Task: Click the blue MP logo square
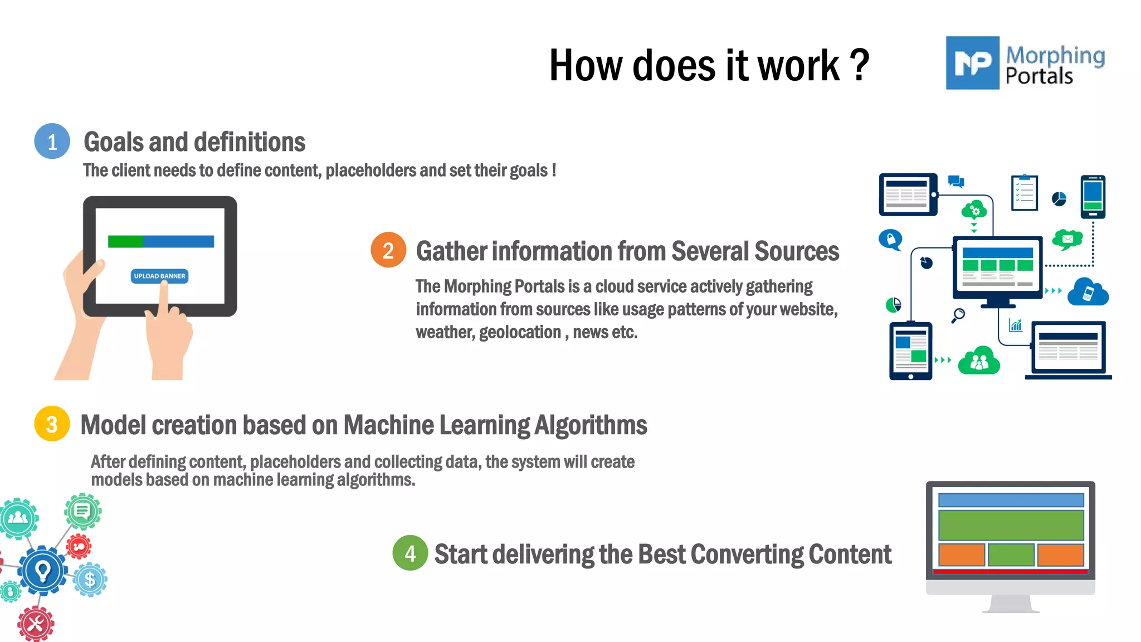click(972, 63)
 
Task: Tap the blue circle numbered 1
click(52, 142)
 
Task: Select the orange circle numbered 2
click(388, 250)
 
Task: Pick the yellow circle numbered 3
click(52, 424)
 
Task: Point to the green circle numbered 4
click(410, 553)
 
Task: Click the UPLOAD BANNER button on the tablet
click(159, 276)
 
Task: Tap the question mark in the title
click(860, 66)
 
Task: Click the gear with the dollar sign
click(90, 580)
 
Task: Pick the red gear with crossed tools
click(36, 624)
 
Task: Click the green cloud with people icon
click(979, 362)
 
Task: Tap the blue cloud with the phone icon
click(1088, 292)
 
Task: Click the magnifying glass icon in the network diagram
click(958, 315)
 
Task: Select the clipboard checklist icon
click(1025, 193)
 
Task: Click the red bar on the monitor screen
click(1010, 571)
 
